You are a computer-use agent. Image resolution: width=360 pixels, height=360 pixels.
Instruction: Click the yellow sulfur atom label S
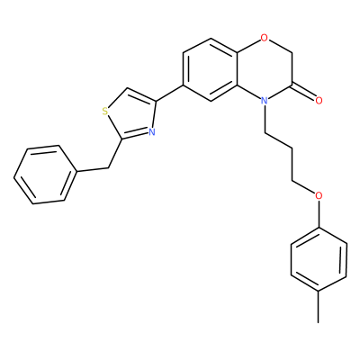click(105, 112)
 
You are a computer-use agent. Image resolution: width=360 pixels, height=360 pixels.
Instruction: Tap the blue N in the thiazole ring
click(152, 131)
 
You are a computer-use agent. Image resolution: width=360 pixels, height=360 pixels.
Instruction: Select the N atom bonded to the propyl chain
click(264, 101)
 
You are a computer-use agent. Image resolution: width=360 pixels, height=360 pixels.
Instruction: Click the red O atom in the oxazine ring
click(264, 38)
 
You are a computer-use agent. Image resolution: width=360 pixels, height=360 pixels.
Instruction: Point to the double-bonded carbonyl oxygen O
click(319, 101)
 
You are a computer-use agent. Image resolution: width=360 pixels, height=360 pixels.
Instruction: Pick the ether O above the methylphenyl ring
click(319, 196)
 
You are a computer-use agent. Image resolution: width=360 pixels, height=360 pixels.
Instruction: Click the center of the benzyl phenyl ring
click(44, 175)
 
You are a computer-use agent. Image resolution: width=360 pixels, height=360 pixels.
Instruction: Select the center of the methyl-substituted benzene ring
click(319, 259)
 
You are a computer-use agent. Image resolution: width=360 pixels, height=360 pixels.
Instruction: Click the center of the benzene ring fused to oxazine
click(211, 69)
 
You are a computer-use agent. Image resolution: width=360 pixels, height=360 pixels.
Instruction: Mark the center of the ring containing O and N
click(265, 69)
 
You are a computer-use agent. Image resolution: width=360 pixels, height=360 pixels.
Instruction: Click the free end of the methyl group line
click(319, 323)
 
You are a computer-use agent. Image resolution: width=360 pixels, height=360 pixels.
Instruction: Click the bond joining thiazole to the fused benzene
click(169, 93)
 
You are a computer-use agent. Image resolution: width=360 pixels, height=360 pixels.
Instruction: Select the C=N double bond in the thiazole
click(135, 135)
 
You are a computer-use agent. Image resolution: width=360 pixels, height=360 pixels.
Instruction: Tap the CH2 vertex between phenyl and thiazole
click(107, 168)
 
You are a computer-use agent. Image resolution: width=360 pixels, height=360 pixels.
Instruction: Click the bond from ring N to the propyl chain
click(265, 119)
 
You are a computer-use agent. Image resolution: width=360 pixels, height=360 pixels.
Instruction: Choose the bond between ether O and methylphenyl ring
click(319, 214)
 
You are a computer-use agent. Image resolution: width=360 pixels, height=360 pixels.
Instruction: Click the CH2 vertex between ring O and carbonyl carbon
click(292, 54)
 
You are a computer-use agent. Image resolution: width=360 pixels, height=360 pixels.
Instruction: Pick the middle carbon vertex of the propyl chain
click(292, 148)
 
